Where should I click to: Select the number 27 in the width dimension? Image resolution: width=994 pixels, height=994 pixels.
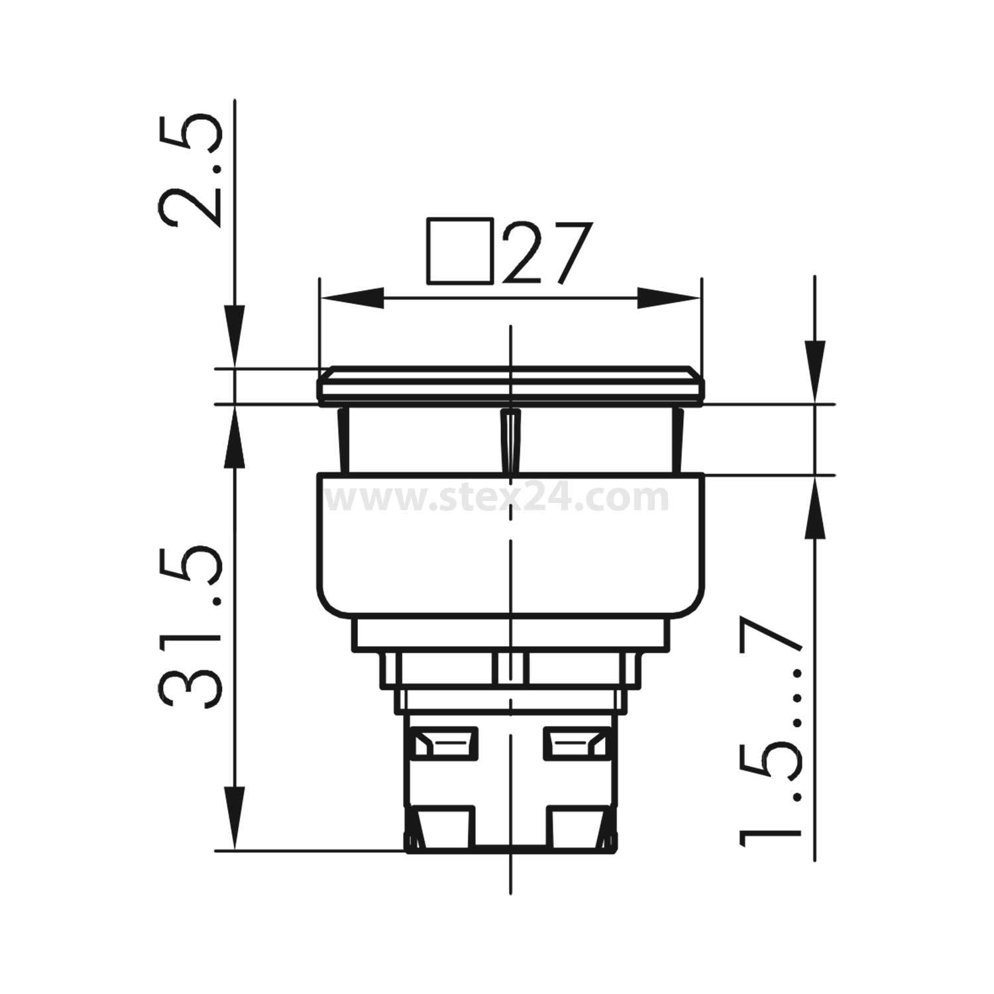(545, 253)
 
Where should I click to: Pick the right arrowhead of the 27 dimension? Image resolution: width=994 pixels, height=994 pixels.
(668, 298)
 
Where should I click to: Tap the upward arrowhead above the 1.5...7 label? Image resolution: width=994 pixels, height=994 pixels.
(814, 510)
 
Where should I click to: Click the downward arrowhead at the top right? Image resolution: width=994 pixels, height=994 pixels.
(814, 368)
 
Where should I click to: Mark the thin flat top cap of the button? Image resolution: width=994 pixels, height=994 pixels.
(510, 385)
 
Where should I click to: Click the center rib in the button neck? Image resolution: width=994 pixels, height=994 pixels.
(510, 441)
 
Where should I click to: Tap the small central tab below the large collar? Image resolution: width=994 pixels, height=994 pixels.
(510, 667)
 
